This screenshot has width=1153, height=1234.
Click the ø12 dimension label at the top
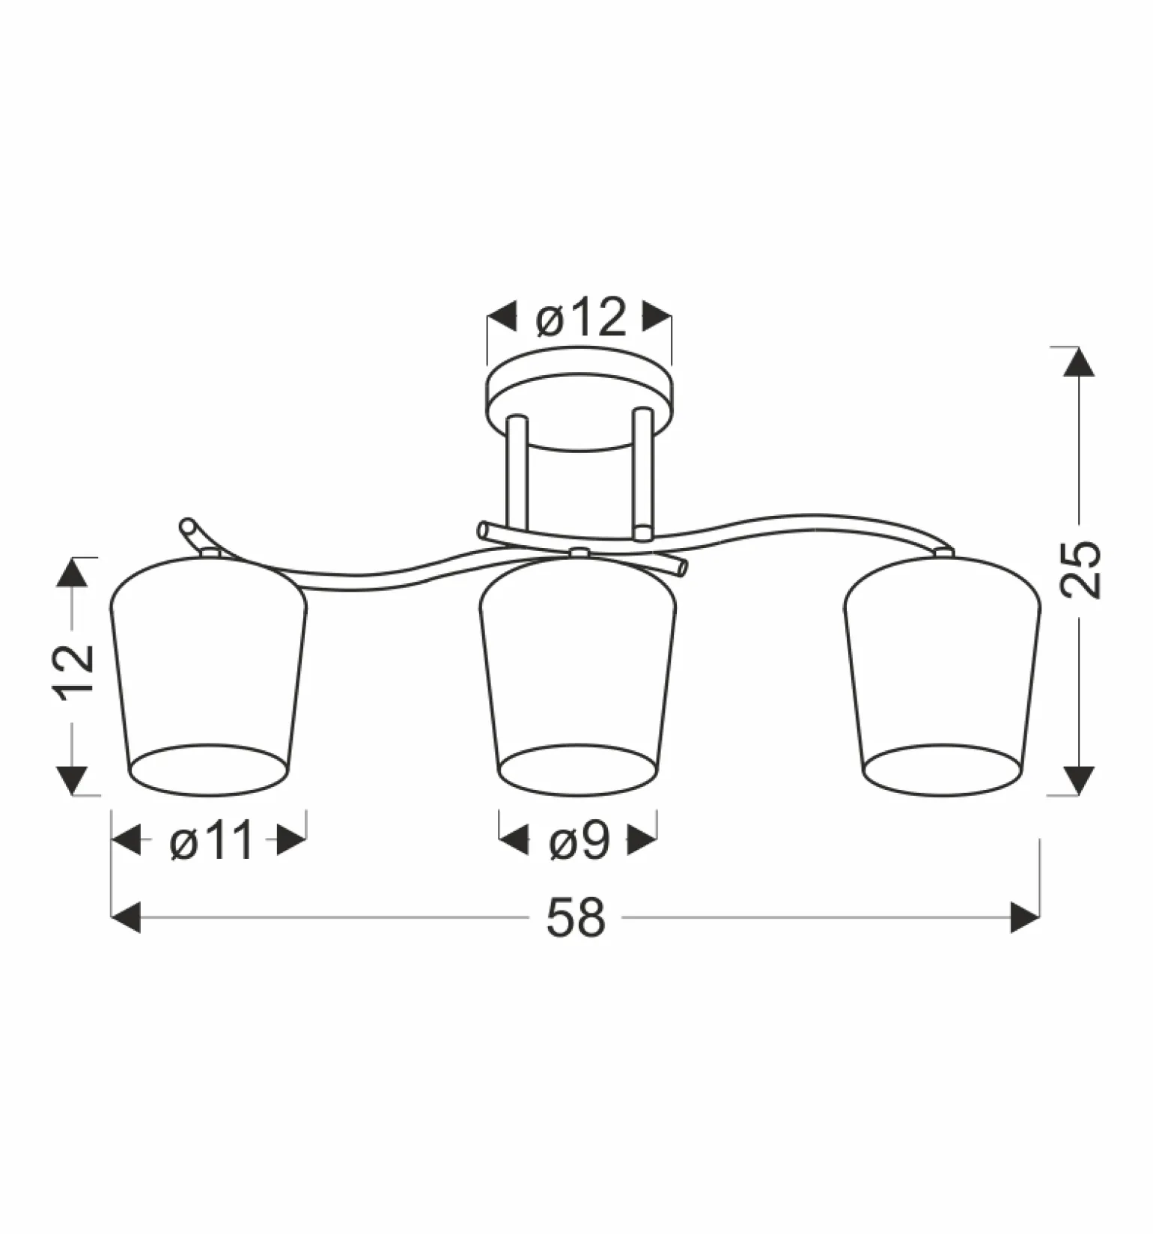pos(580,317)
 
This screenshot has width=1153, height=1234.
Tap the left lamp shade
pos(208,674)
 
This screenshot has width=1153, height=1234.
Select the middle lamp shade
pos(577,674)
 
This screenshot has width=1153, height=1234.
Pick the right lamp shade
pos(943,674)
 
